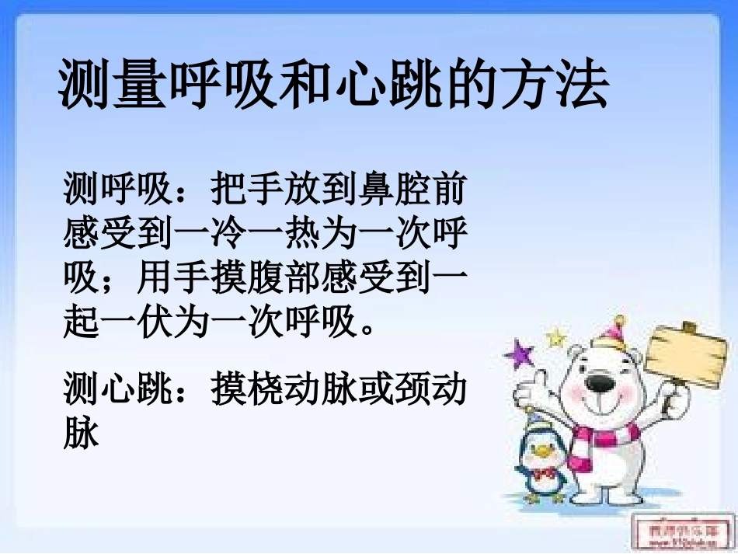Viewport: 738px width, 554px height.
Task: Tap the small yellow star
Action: [555, 337]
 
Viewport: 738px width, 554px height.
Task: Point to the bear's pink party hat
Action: [615, 333]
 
